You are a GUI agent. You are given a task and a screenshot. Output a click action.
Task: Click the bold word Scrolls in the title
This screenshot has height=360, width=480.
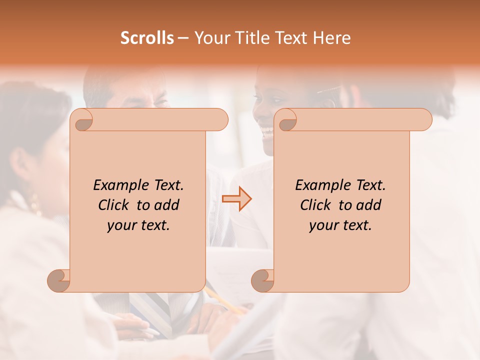coord(147,37)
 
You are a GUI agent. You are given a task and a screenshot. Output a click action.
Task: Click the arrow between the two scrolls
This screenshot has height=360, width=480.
coord(237,199)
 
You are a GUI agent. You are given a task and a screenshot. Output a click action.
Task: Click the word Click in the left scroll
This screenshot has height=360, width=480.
coord(115,205)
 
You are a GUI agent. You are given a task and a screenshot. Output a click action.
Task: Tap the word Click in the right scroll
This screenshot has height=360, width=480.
coord(317,205)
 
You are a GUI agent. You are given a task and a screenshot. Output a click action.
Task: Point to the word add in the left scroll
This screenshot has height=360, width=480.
coord(167,205)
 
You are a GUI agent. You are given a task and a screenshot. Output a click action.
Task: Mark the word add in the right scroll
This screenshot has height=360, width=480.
coord(369,205)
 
